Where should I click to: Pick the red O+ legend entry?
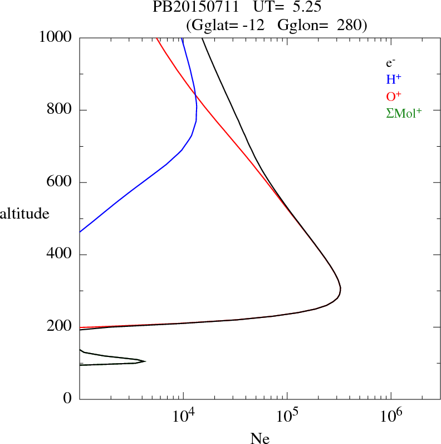394,96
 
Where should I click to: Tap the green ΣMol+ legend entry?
404,113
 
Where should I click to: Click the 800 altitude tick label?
61,110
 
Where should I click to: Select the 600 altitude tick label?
61,182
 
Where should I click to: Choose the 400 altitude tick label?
61,255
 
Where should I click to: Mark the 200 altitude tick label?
61,327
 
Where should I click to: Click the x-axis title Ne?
259,438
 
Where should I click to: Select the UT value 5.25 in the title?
306,8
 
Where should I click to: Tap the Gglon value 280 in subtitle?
349,25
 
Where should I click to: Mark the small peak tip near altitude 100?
145,361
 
